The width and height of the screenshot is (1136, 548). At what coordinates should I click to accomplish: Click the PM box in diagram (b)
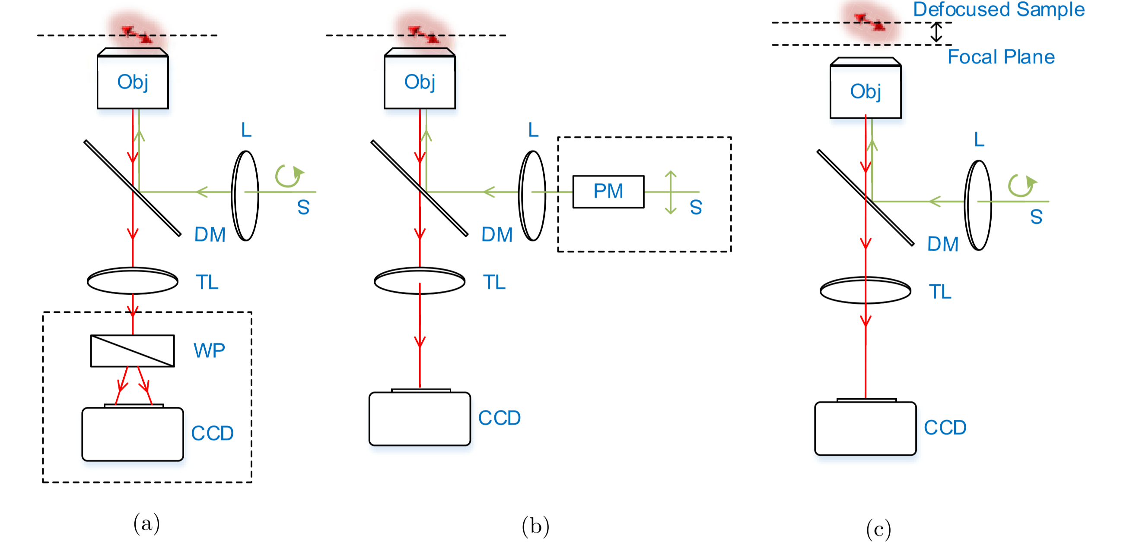click(608, 192)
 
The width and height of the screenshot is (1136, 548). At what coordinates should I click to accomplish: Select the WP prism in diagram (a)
click(132, 351)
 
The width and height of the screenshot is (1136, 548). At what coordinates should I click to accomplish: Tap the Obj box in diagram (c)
click(865, 91)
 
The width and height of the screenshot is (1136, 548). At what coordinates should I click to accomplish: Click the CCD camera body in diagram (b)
click(420, 419)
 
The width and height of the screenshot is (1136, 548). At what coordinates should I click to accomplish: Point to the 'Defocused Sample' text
click(999, 9)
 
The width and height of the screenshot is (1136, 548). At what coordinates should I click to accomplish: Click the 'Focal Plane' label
click(1001, 57)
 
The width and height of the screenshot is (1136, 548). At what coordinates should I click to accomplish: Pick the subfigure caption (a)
click(146, 524)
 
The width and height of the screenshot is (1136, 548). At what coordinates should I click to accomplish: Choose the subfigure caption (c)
click(878, 529)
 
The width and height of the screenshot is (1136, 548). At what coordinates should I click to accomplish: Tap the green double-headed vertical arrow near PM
click(670, 192)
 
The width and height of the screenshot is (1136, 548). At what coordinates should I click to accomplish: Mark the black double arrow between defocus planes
click(936, 33)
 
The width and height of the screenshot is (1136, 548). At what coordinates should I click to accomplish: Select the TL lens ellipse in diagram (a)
click(132, 280)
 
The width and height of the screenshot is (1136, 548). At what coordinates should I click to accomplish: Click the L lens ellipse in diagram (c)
click(978, 205)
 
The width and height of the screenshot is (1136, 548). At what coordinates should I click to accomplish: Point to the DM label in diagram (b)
click(497, 235)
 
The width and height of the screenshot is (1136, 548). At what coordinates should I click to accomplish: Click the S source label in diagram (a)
click(303, 208)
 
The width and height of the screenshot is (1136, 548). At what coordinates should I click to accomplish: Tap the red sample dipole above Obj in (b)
click(423, 35)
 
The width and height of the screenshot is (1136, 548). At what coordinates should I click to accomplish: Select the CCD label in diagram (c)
click(945, 428)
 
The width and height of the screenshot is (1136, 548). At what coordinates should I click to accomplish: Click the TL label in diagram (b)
click(494, 282)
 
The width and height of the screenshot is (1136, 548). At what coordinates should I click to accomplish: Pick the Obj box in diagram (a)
click(132, 82)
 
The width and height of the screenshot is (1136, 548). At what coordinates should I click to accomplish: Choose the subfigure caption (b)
click(535, 526)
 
